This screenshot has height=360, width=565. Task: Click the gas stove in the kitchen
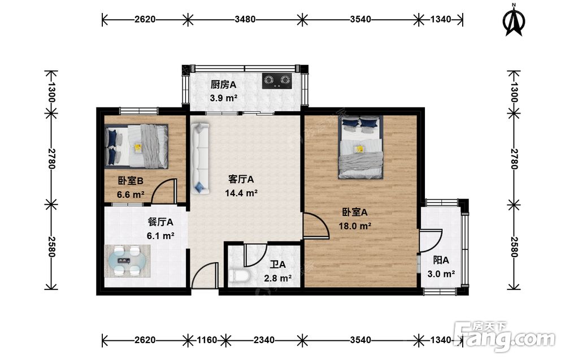point(277,81)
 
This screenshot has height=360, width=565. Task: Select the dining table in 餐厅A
point(128,261)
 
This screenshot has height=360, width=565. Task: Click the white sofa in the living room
point(200,159)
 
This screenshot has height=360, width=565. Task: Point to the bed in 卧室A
point(360,147)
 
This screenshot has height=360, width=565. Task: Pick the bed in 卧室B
point(137,146)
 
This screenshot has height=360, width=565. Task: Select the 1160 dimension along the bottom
point(207,340)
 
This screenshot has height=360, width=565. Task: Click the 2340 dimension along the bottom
point(264,340)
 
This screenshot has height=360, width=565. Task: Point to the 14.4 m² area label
point(241,193)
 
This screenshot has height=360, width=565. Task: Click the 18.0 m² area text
point(355,226)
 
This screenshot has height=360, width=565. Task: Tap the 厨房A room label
point(223,85)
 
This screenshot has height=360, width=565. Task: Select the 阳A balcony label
point(441,260)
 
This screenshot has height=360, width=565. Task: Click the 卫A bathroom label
point(278,265)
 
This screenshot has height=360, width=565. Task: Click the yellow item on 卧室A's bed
point(359,149)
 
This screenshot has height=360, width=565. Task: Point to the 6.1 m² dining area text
point(160,236)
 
